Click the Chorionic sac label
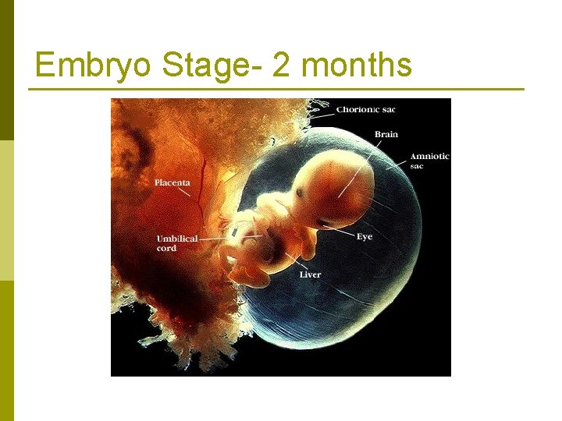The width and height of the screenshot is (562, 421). click(365, 109)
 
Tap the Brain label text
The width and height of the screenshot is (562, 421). click(386, 134)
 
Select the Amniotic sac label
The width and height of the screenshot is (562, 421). click(429, 161)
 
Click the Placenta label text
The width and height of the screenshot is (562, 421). click(172, 182)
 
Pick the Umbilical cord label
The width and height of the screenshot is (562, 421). click(176, 243)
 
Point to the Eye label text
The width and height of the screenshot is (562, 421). click(364, 236)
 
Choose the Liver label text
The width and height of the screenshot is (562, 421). click(310, 274)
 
